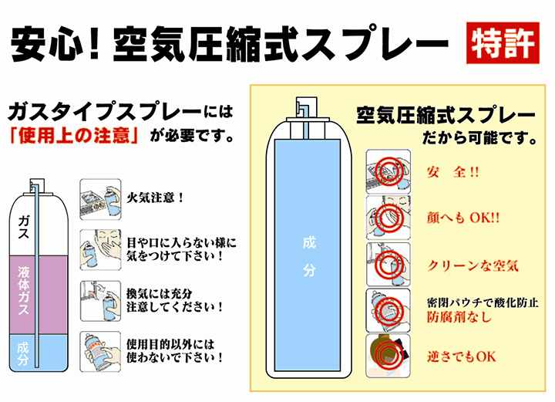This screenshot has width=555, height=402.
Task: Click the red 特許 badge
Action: pyautogui.click(x=503, y=43)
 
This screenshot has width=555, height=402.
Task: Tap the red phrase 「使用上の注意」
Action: pyautogui.click(x=74, y=136)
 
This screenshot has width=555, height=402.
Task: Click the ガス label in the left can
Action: pyautogui.click(x=23, y=227)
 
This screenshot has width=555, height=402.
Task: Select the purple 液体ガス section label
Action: pyautogui.click(x=24, y=290)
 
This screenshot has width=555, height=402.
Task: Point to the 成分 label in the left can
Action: pyautogui.click(x=22, y=353)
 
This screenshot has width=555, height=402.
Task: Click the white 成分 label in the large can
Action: pyautogui.click(x=309, y=256)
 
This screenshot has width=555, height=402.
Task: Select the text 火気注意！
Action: pyautogui.click(x=156, y=198)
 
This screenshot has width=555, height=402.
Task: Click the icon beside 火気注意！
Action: pyautogui.click(x=100, y=199)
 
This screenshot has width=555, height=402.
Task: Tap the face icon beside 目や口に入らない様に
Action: pyautogui.click(x=100, y=250)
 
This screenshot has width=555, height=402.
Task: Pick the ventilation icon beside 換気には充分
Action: pyautogui.click(x=100, y=301)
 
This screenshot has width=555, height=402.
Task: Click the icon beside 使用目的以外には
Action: pyautogui.click(x=100, y=352)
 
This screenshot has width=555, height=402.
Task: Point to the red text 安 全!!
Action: pyautogui.click(x=453, y=172)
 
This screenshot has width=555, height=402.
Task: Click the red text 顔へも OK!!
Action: pyautogui.click(x=463, y=218)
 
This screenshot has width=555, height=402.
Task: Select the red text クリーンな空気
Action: pyautogui.click(x=473, y=265)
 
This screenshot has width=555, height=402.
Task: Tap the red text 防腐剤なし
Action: pyautogui.click(x=459, y=316)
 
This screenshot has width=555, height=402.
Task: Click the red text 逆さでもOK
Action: pyautogui.click(x=462, y=356)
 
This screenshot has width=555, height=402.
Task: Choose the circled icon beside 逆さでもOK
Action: pyautogui.click(x=388, y=356)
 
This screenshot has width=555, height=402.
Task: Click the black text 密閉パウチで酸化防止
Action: pyautogui.click(x=483, y=302)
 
